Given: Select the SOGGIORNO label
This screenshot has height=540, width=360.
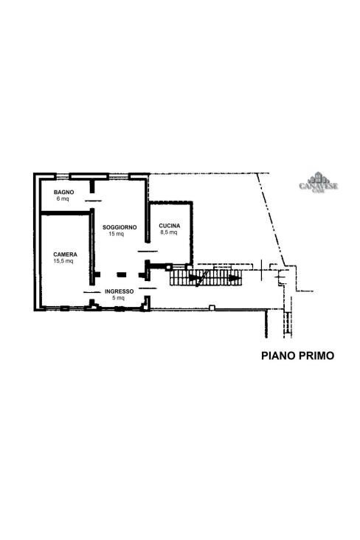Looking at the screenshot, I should tap(119, 227).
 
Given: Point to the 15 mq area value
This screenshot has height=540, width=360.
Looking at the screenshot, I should tap(116, 234).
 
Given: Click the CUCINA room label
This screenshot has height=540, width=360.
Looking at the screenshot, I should tap(170, 225).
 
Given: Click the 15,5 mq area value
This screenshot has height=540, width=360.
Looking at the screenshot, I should tap(63, 260).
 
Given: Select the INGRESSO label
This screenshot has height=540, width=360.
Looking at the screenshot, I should tap(119, 291).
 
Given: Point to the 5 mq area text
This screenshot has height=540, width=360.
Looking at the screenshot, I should tap(118, 298).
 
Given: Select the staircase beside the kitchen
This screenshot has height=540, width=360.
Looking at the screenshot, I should tap(206, 277).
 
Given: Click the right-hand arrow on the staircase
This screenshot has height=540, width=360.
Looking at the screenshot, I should tap(233, 278).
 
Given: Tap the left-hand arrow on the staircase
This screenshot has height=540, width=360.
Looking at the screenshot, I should tap(193, 278).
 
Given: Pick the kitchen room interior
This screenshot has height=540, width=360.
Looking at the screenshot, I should tap(170, 247).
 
